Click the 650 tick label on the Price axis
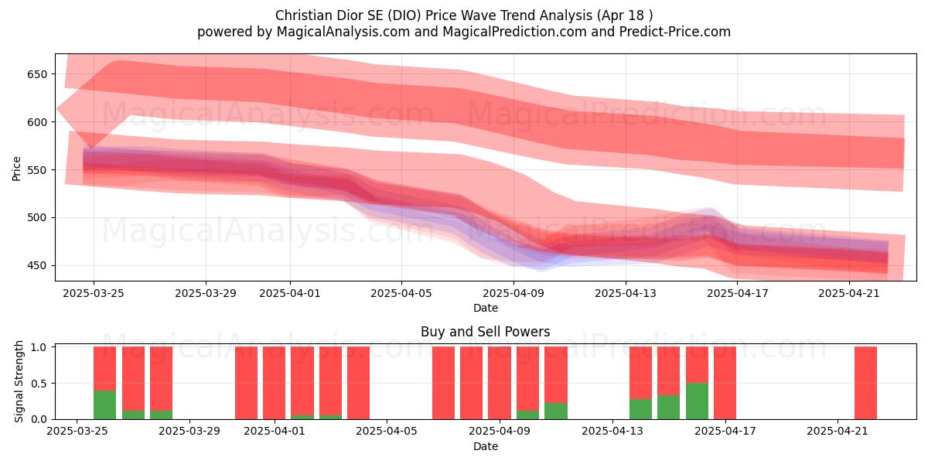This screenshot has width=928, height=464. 38,74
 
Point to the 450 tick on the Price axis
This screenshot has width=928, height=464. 38,265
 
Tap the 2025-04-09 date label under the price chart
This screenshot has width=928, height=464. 513,293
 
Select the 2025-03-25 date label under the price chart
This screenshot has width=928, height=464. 94,293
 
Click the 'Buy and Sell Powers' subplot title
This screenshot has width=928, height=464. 486,332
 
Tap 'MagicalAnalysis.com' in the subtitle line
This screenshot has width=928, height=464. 343,32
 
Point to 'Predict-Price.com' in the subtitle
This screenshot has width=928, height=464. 675,32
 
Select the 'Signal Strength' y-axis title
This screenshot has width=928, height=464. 19,381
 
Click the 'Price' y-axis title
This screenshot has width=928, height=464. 16,169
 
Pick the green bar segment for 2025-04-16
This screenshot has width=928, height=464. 698,401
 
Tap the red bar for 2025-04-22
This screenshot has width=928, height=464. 866,383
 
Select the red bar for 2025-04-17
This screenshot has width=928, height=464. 725,383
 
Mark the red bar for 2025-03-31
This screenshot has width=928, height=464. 246,383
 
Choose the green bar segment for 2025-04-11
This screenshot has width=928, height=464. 556,411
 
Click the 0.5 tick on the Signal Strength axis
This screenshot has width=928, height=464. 39,384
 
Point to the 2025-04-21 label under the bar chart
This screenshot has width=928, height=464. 838,431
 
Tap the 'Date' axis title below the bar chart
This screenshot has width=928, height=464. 486,446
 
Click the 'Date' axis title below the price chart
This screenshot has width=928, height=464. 486,308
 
